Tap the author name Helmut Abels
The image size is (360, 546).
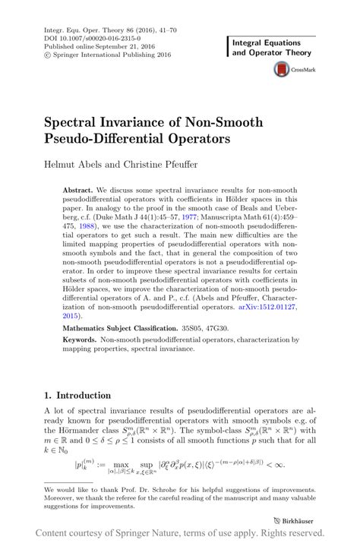pyautogui.click(x=66, y=164)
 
